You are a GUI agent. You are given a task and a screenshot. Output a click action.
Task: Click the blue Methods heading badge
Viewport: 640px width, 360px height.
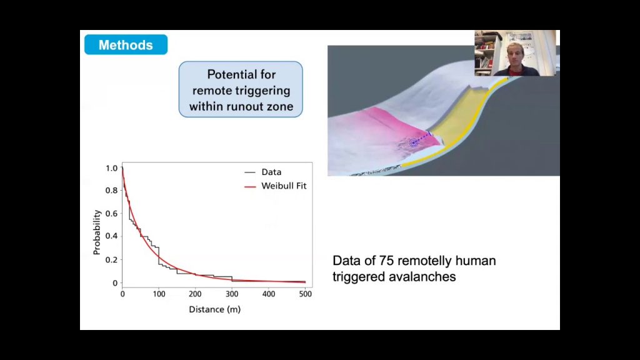coord(126,44)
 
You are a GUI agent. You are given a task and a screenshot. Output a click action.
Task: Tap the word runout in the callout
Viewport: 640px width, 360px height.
coord(245,106)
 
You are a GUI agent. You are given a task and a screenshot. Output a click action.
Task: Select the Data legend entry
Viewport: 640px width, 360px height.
coord(263,172)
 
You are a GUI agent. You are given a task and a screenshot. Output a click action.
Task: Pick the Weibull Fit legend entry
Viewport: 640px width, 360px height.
coord(276,186)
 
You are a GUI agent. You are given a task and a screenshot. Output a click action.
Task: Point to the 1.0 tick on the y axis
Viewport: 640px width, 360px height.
coord(111,168)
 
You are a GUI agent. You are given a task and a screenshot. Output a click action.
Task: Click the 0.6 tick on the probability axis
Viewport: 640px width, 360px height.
coord(111,214)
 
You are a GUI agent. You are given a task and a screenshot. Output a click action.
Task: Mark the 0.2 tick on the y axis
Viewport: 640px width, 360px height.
coord(111,259)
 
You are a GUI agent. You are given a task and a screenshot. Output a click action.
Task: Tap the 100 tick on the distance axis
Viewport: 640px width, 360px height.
coord(159,294)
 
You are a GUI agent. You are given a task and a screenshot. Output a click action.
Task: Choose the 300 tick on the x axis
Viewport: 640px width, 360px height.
coord(232,294)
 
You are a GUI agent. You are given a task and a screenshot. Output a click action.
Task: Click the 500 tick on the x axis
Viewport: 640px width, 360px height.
coord(305,294)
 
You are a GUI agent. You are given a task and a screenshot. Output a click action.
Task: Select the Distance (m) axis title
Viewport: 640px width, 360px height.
coord(215,309)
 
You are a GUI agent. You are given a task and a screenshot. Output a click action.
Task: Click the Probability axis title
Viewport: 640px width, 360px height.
coord(97,232)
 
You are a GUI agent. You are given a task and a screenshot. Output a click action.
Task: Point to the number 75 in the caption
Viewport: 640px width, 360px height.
coord(386,261)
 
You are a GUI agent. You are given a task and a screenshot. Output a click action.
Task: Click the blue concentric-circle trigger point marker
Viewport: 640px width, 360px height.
coord(414,142)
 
